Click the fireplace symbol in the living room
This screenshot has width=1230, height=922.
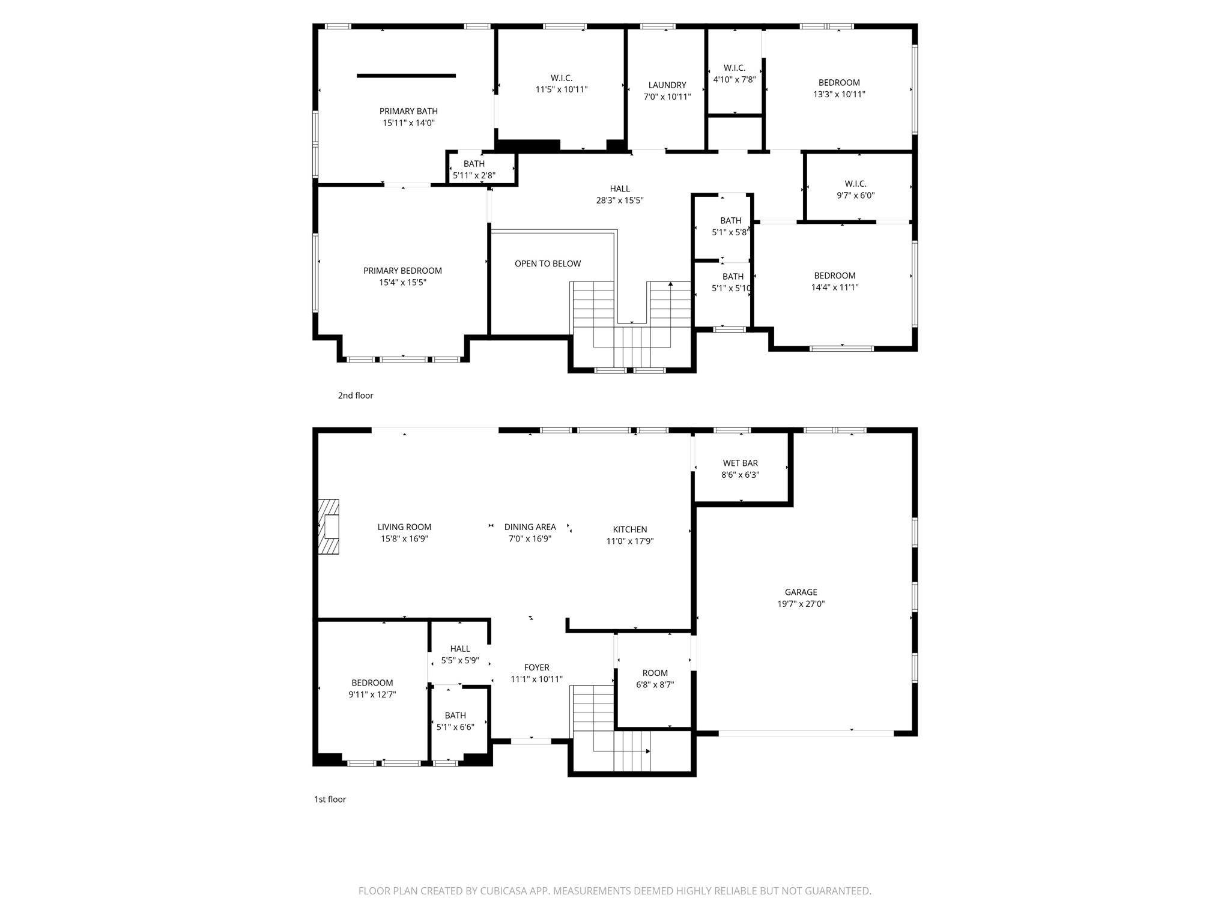coord(329,526)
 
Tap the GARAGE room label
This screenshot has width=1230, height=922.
coord(801,592)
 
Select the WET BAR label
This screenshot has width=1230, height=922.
coord(741,463)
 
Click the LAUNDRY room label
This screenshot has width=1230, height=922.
coord(667,85)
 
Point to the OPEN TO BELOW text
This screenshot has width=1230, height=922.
coord(548,264)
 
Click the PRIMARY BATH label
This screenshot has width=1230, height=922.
coord(408,111)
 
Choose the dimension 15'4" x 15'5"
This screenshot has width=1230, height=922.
coord(402,282)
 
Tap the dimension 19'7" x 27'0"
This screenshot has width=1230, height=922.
coord(801,604)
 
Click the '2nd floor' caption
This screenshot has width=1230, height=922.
coord(356,396)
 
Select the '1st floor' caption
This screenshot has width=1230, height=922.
coord(330,800)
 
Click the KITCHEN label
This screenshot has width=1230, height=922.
coord(630,529)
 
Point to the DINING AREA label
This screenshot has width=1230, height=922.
coord(530,527)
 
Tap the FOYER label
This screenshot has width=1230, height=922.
coord(536,667)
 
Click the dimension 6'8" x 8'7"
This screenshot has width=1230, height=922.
coord(655,684)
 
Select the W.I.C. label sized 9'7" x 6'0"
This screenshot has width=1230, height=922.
coord(856,184)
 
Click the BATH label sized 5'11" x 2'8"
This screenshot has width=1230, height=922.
coord(474,164)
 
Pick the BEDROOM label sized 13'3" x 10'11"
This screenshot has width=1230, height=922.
coord(839,83)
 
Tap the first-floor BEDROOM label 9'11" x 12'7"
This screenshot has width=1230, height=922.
coord(372,683)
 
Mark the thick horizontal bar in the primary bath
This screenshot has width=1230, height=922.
coord(407,76)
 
